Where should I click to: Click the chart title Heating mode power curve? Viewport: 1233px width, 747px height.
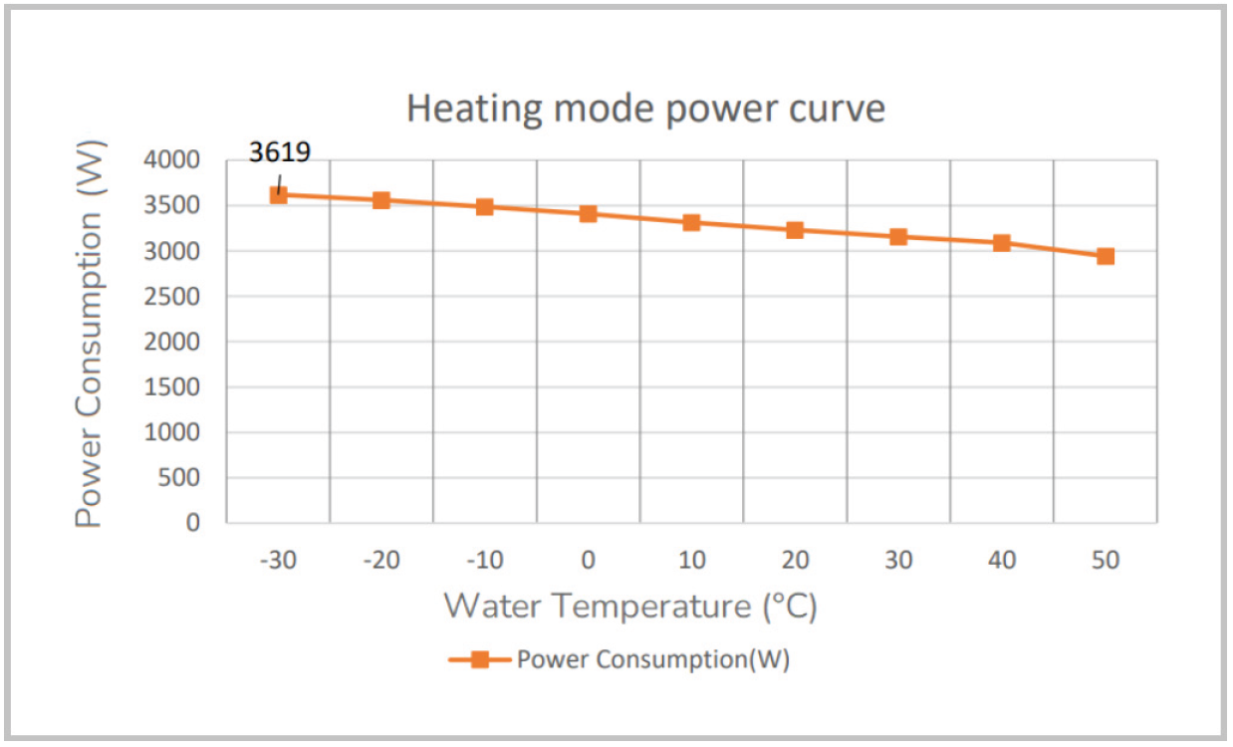coord(645,109)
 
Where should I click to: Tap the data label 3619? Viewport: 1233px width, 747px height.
coord(280,152)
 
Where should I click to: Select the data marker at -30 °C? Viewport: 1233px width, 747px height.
coord(278,194)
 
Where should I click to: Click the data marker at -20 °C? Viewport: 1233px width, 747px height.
coord(381,200)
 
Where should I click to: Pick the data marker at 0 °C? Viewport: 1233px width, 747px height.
coord(588,213)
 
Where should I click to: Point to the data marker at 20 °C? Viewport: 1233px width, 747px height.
coord(795,230)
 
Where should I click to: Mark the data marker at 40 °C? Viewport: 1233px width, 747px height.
coord(1002,243)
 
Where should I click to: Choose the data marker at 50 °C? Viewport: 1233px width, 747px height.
coord(1106,256)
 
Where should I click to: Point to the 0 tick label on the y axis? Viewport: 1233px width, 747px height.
coord(192,523)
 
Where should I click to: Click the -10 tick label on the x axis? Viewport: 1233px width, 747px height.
coord(484,561)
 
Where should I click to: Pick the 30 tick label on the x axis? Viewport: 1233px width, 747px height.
coord(898,561)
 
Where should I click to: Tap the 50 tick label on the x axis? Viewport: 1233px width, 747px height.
coord(1106,561)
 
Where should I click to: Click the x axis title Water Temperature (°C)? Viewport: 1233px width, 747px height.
coord(630,606)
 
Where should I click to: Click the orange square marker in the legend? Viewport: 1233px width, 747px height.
coord(479,659)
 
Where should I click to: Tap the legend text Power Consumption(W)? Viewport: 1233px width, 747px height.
coord(652,659)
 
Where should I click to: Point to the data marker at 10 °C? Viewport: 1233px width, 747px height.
coord(691,222)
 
